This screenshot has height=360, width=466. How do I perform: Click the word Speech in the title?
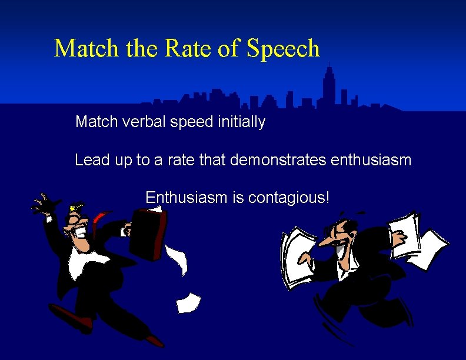pyautogui.click(x=283, y=48)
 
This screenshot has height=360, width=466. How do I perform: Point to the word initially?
pyautogui.click(x=238, y=122)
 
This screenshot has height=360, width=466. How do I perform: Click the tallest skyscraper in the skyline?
pyautogui.click(x=329, y=85)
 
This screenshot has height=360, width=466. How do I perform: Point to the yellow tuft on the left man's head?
pyautogui.click(x=74, y=208)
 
